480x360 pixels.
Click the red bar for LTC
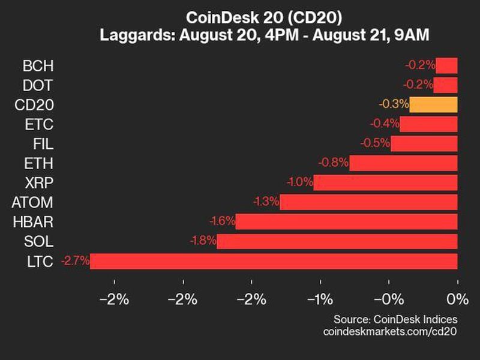coord(274,261)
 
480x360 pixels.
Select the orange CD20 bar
coord(433,104)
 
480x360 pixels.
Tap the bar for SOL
coord(337,241)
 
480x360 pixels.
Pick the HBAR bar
coord(346,221)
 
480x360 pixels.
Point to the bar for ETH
coord(403,163)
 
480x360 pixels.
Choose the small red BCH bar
coord(446,65)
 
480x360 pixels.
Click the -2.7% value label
coord(75,261)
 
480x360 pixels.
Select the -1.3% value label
coord(265,202)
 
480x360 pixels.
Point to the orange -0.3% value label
coord(394,104)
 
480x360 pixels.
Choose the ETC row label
coord(40,124)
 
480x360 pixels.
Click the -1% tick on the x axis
coord(320,299)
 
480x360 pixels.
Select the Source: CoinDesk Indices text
coord(395,319)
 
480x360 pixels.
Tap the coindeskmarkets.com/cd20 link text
coord(390,331)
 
